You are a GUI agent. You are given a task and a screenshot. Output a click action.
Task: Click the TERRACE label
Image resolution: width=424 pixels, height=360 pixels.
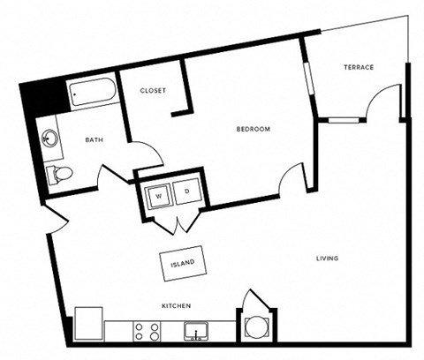click(x=359, y=67)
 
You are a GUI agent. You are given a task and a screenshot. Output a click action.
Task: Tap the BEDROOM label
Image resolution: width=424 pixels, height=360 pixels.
click(x=253, y=130)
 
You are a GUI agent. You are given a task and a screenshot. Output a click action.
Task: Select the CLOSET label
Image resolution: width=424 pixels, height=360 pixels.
click(x=155, y=90)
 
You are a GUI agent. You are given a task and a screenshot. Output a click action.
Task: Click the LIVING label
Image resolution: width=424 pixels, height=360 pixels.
click(x=327, y=258)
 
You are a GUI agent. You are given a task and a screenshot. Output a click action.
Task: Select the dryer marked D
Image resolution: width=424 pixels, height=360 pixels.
click(x=187, y=191)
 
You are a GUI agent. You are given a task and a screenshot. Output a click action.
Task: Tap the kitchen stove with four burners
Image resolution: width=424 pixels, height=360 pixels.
click(x=145, y=333)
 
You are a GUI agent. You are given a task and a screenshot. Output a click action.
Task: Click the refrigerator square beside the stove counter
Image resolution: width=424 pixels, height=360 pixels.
click(x=88, y=323)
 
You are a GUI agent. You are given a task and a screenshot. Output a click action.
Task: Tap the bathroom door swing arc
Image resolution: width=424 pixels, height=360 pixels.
click(x=145, y=150)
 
